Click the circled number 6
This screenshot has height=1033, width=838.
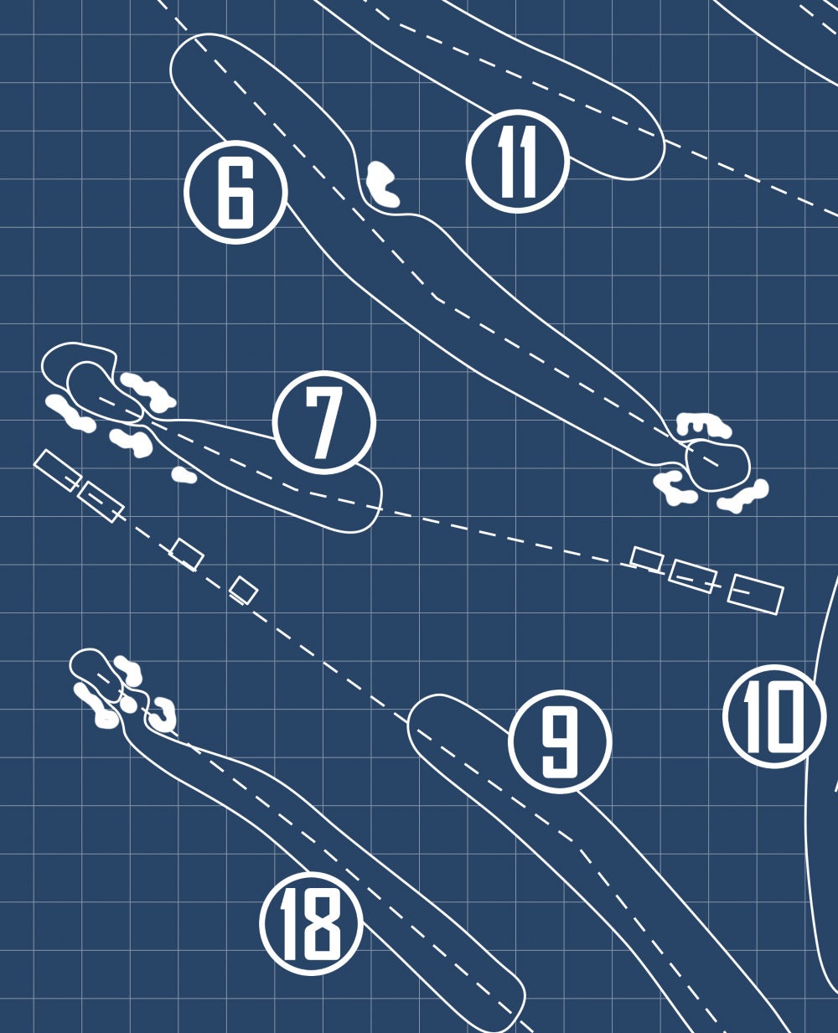click(235, 192)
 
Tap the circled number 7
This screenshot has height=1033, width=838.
click(324, 422)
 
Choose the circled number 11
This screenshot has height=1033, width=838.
click(517, 161)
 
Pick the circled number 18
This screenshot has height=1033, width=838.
click(311, 924)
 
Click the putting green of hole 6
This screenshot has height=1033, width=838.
click(716, 467)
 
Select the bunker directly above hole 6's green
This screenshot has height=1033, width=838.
click(702, 425)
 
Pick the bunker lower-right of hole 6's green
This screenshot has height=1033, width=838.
click(742, 497)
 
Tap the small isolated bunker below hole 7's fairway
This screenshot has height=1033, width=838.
click(184, 475)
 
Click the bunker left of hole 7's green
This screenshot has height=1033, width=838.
click(70, 413)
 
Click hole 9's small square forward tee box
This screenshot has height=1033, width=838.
click(243, 590)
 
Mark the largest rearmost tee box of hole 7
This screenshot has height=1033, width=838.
click(754, 594)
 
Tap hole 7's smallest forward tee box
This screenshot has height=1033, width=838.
click(646, 559)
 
